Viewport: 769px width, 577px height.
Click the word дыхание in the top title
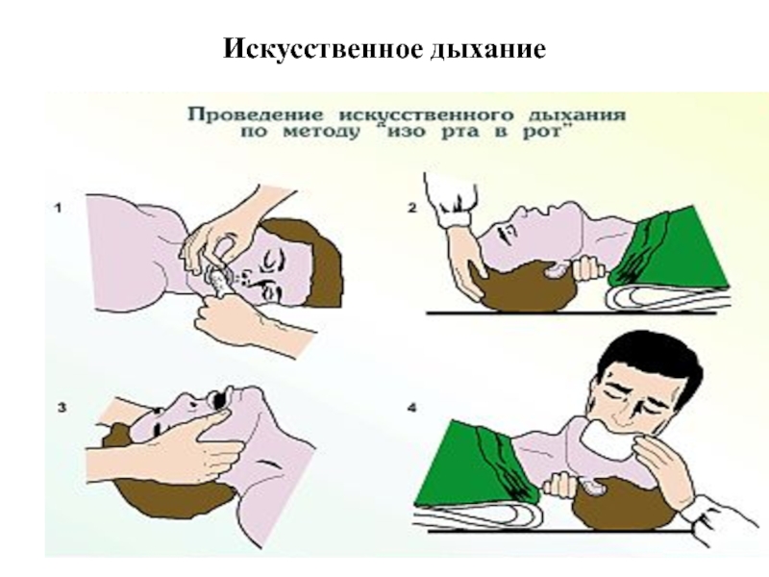[x=488, y=50]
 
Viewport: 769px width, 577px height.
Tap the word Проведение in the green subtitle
[x=256, y=114]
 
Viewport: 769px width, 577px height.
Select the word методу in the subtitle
[x=322, y=133]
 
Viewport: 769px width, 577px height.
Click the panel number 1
[x=59, y=208]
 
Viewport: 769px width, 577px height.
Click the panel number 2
[x=412, y=208]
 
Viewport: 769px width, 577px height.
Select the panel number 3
[x=62, y=407]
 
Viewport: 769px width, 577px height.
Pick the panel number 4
[x=412, y=407]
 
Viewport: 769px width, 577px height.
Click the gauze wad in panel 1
[x=219, y=281]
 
